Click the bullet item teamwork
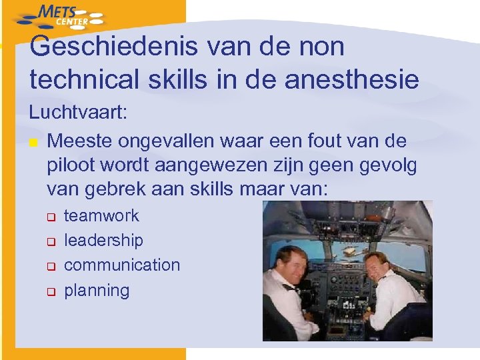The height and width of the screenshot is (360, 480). click(101, 215)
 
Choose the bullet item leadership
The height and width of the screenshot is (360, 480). click(103, 240)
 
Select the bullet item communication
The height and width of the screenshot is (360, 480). click(122, 265)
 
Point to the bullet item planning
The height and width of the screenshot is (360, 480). click(97, 290)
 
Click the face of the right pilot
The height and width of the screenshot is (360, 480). click(377, 267)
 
